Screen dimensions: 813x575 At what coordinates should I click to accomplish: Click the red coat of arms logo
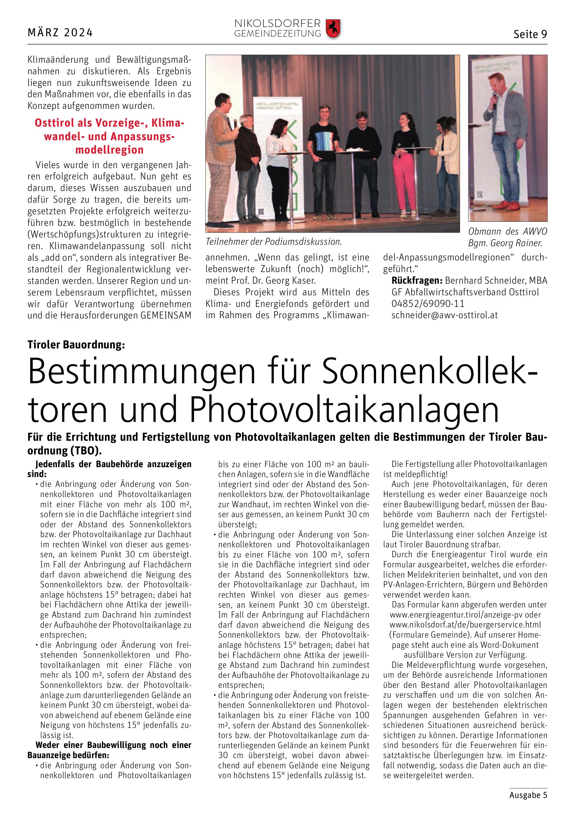(x=333, y=29)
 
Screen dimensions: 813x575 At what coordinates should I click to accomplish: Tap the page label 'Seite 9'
(x=530, y=34)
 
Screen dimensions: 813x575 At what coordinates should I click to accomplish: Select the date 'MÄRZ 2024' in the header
(x=60, y=33)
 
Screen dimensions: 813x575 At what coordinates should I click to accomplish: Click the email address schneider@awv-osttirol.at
(x=444, y=315)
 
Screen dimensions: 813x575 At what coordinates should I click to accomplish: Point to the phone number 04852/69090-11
(x=428, y=303)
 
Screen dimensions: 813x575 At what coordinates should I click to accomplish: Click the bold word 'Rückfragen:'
(x=417, y=280)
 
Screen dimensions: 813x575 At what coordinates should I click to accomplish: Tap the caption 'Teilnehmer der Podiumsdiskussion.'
(x=274, y=242)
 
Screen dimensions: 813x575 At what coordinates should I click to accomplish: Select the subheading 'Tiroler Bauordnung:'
(x=76, y=345)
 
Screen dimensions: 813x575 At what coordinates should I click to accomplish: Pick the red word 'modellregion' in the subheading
(x=109, y=150)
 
